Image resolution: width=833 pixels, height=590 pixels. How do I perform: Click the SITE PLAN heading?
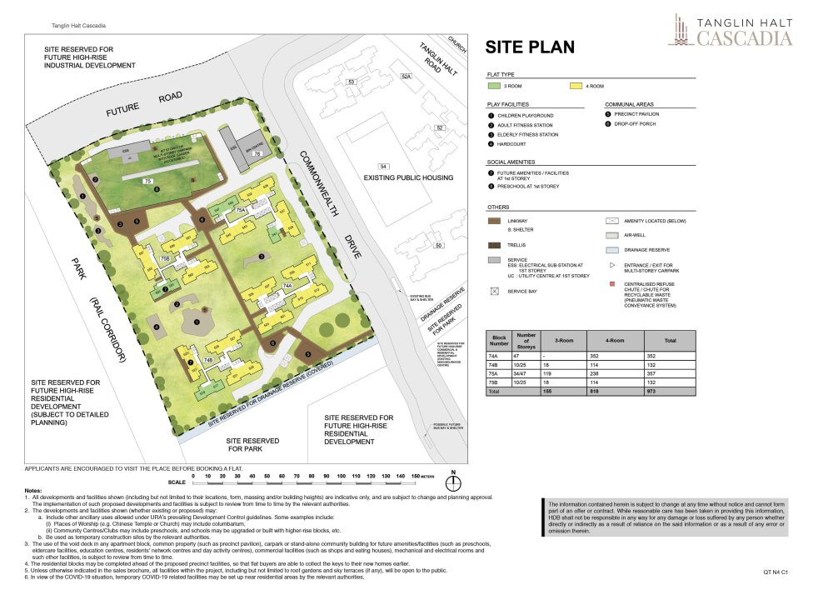coord(530,47)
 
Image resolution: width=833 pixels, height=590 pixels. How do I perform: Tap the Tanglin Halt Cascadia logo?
coord(730,29)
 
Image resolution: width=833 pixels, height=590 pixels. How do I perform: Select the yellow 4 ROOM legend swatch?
coord(575,86)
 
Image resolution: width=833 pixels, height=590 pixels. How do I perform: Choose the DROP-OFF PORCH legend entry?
coord(639,125)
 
